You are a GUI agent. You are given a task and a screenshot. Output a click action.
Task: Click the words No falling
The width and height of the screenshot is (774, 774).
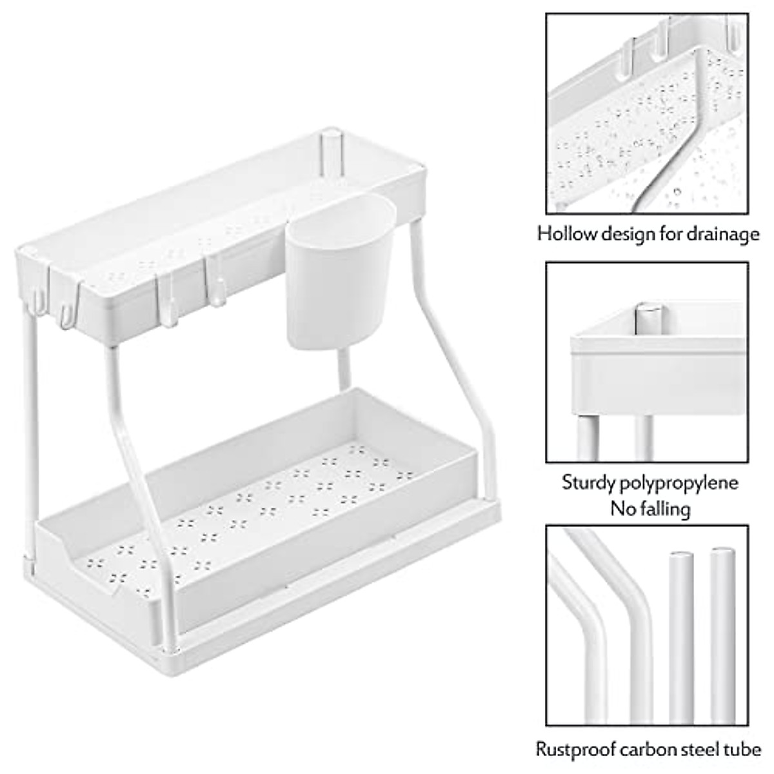[x=650, y=509]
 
